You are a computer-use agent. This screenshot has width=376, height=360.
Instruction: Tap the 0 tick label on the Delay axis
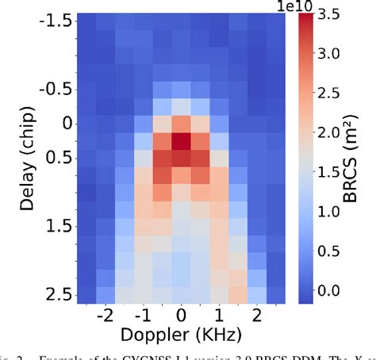[66, 123]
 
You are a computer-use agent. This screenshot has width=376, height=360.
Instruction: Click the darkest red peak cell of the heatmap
[182, 141]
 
